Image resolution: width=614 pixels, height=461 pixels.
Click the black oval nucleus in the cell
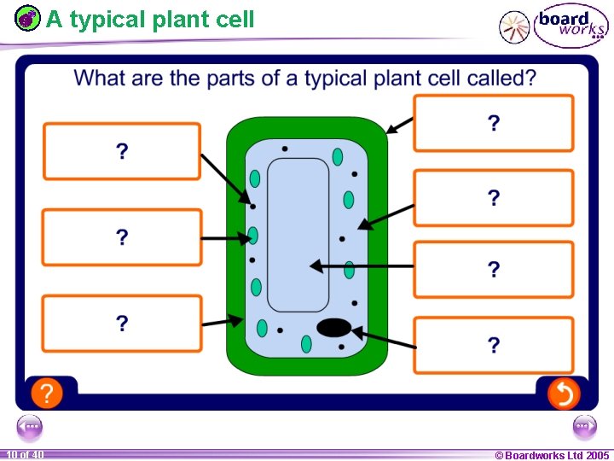[x=334, y=327]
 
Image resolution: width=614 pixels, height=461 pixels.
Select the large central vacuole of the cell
[x=298, y=235]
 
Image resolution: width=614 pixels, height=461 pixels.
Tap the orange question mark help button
[x=47, y=394]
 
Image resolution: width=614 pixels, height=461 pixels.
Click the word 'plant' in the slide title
[x=181, y=19]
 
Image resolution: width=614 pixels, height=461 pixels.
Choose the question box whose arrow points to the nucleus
[x=493, y=345]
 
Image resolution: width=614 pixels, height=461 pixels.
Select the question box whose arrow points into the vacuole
[x=493, y=270]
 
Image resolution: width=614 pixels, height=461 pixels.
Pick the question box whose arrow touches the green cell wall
[x=493, y=123]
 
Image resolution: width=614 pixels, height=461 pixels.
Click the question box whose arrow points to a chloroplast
[x=122, y=237]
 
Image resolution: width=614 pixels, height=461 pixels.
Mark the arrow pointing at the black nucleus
[x=384, y=337]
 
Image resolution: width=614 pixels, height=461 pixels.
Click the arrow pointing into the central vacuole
[x=362, y=266]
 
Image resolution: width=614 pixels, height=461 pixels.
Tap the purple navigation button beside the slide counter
[x=29, y=426]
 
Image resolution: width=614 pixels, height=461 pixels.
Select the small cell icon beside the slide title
[x=28, y=18]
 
